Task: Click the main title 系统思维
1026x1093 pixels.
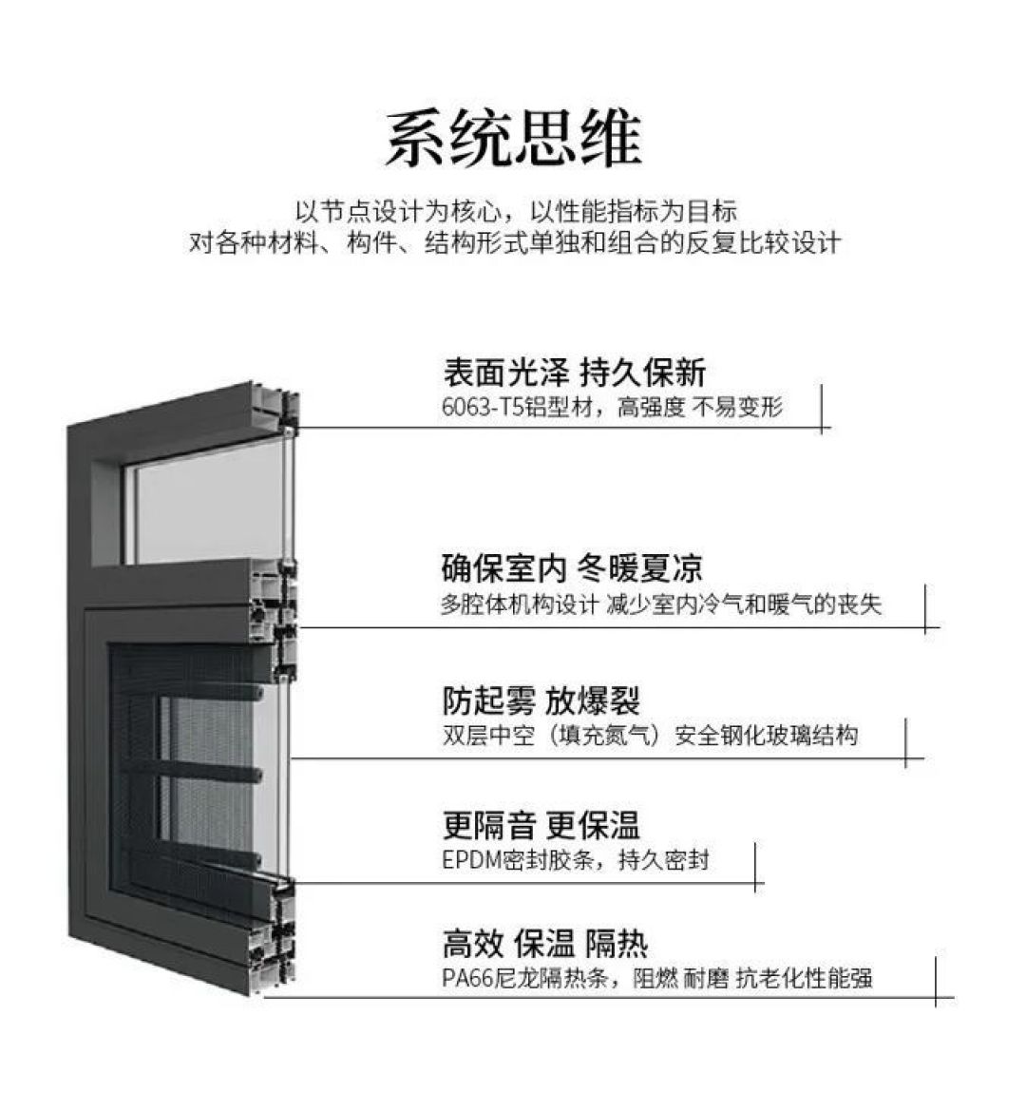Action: point(513,138)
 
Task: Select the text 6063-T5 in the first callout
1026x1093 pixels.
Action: point(482,407)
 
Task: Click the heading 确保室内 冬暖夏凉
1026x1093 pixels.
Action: point(572,568)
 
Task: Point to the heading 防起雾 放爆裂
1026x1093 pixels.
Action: point(541,700)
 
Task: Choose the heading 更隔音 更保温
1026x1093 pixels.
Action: point(541,825)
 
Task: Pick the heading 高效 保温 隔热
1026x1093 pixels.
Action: point(545,944)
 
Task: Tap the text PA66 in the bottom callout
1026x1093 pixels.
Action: point(467,979)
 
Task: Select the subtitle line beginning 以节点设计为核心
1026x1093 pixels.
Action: point(516,210)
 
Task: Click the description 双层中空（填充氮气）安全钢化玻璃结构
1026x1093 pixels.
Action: point(651,736)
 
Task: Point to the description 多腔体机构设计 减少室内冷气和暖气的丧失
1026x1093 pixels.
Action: point(661,604)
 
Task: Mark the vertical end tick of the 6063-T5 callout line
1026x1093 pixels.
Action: point(823,409)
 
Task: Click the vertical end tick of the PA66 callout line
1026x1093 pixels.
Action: point(936,982)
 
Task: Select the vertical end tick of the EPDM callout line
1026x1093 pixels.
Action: point(756,867)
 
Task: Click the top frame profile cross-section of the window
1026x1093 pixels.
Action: point(277,408)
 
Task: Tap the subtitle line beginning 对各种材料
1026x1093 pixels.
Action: point(515,242)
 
